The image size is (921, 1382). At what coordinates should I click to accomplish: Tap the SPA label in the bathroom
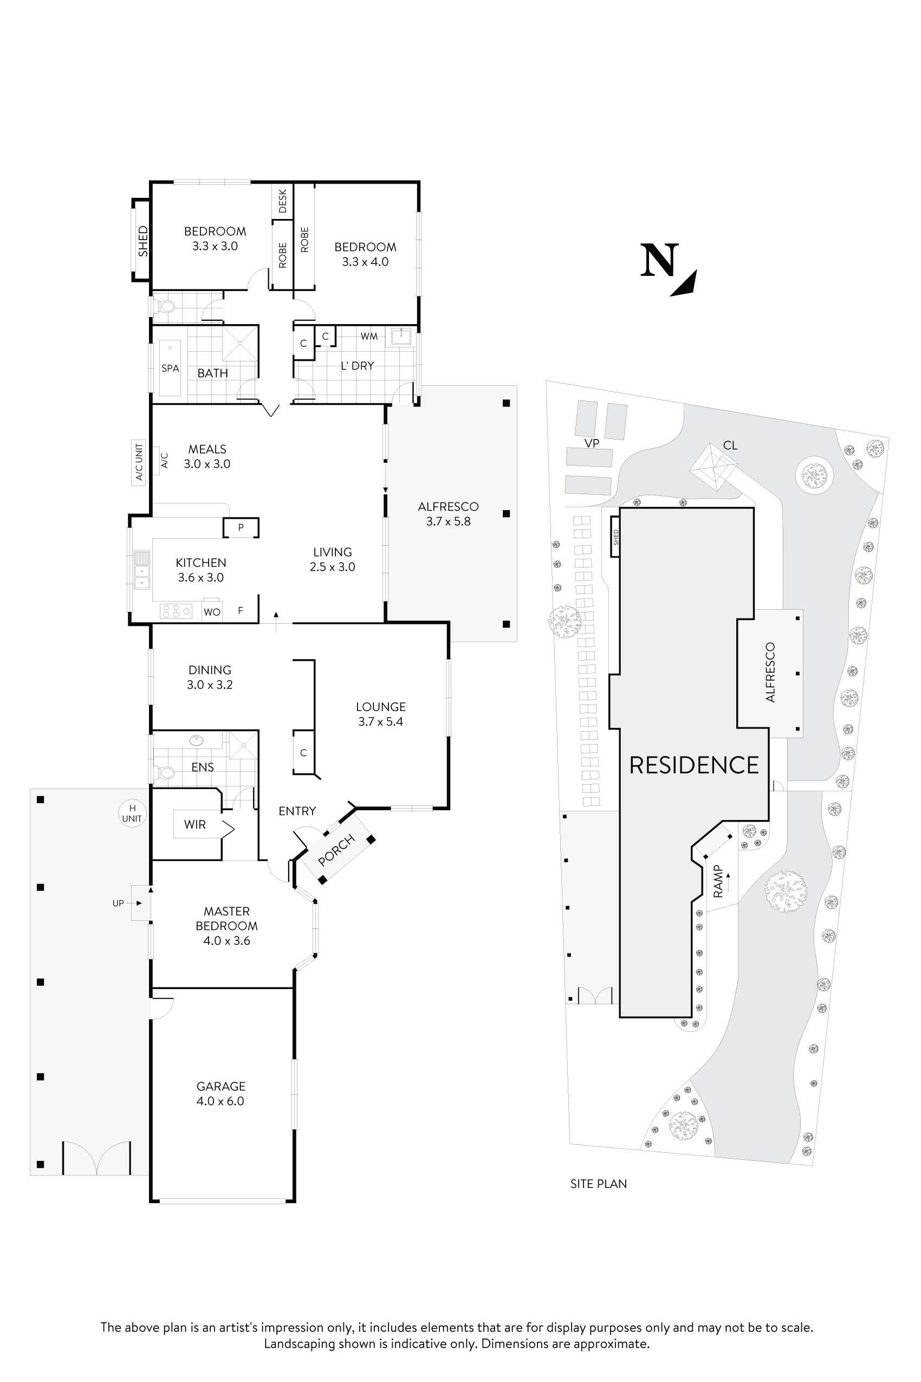[170, 369]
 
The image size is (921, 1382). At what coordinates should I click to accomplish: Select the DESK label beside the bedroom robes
[282, 201]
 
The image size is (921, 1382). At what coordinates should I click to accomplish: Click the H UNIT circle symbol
[132, 813]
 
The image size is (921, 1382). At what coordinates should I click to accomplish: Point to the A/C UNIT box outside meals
[139, 462]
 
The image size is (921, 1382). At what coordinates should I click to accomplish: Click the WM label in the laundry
[369, 336]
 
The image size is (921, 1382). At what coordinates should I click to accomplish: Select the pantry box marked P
[241, 528]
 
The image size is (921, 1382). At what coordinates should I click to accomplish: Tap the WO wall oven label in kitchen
[211, 612]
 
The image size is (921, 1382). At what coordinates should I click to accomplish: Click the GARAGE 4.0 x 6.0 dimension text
[220, 1101]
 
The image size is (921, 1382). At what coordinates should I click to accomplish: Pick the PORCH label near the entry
[336, 850]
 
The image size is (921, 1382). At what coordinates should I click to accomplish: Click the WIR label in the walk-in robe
[194, 824]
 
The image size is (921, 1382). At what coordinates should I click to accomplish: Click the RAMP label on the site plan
[718, 881]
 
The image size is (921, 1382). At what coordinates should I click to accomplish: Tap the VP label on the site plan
[592, 444]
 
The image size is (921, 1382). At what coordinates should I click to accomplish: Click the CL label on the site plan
[730, 445]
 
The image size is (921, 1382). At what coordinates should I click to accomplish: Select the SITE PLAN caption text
[598, 1184]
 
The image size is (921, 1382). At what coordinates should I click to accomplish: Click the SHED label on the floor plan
[142, 241]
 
